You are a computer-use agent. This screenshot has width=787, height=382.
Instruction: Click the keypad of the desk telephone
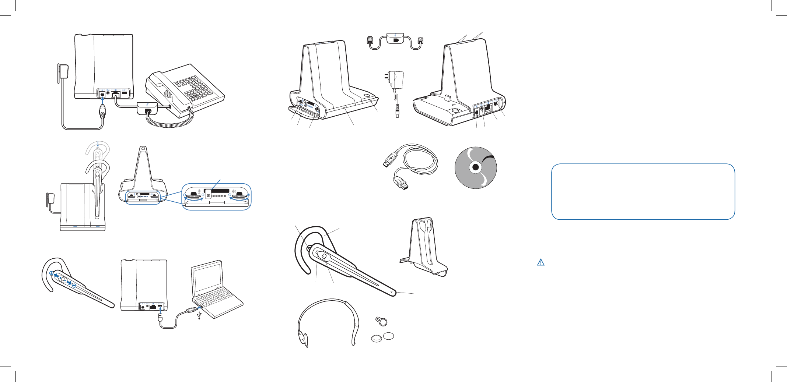click(x=193, y=90)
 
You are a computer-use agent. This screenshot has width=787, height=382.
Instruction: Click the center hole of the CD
click(x=476, y=168)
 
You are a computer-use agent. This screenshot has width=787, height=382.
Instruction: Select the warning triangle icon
click(x=541, y=262)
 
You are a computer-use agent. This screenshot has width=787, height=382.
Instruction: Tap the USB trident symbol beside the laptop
click(x=199, y=315)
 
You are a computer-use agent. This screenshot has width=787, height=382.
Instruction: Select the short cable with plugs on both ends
click(x=395, y=40)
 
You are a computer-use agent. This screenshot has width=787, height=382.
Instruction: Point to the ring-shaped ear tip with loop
click(x=381, y=321)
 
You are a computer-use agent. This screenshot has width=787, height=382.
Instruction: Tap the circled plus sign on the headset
click(x=52, y=273)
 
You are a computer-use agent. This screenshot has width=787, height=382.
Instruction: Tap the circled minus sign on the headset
click(x=74, y=286)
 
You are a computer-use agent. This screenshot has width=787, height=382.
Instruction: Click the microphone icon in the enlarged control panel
click(x=199, y=191)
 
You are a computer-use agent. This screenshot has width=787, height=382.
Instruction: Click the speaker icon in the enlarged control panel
click(x=234, y=191)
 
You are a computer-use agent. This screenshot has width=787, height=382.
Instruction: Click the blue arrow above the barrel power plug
click(x=102, y=101)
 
